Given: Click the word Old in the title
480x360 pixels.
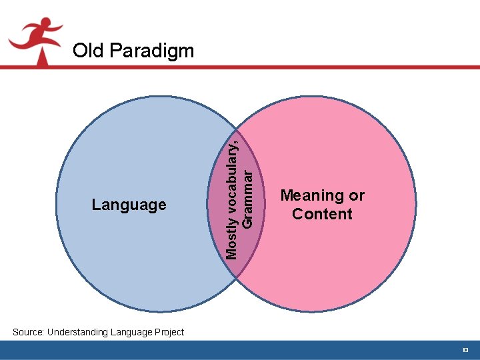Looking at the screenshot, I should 87,51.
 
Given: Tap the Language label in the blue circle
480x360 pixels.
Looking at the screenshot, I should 129,205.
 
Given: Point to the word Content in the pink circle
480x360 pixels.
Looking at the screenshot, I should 322,214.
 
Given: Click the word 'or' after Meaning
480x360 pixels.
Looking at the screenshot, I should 357,196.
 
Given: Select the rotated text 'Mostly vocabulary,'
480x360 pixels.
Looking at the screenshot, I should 231,197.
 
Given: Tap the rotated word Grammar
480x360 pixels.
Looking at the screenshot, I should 247,197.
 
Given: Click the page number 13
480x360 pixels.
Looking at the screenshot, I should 465,351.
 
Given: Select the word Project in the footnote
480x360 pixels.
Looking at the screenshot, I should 168,332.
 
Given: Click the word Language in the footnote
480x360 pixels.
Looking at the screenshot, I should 131,332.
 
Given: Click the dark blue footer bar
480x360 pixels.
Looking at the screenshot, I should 240,351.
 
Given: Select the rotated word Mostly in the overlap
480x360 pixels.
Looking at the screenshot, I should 231,241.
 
